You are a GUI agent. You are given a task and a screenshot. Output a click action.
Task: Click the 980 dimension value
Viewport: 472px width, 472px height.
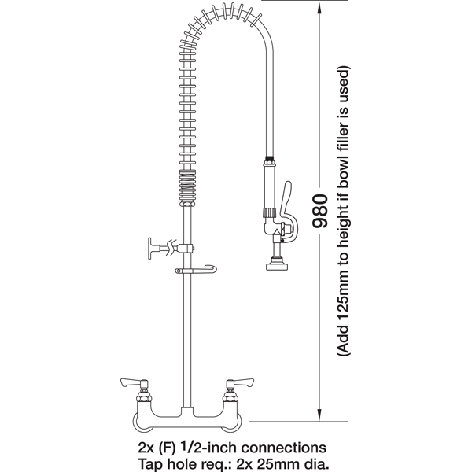click(x=320, y=211)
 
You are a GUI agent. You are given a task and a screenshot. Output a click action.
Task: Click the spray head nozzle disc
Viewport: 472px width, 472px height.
click(x=277, y=266)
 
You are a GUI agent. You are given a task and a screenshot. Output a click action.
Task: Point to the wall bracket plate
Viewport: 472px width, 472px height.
click(x=150, y=248)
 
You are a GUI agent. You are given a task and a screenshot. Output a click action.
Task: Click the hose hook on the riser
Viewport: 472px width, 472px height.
click(x=196, y=270)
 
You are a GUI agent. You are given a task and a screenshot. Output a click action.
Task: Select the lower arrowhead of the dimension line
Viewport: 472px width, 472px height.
click(x=319, y=415)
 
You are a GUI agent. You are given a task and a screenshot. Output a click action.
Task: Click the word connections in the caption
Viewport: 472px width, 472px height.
click(x=284, y=448)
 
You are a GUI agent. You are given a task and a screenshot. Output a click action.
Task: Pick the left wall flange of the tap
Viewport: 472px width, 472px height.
click(x=136, y=422)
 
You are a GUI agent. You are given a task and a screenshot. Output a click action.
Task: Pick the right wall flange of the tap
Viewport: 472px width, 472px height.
click(x=238, y=422)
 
